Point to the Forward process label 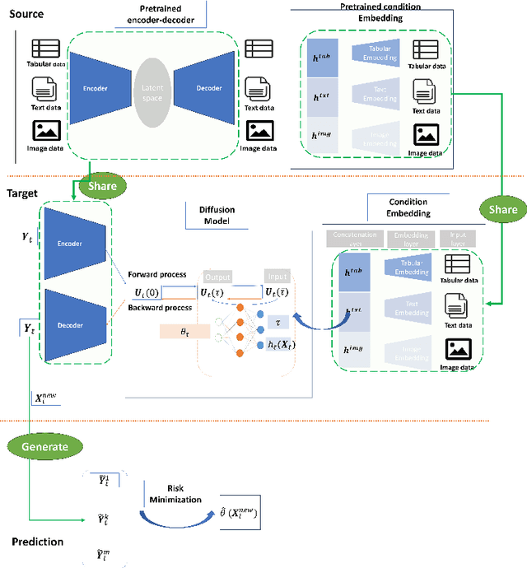click(x=156, y=275)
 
